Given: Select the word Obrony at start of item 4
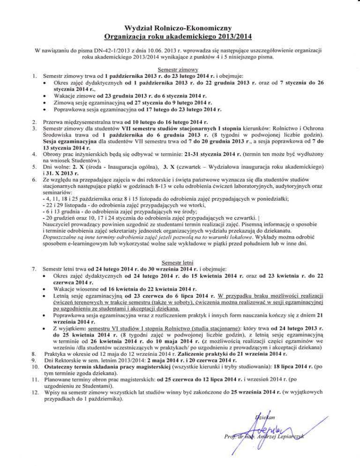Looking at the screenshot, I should (52, 153).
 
